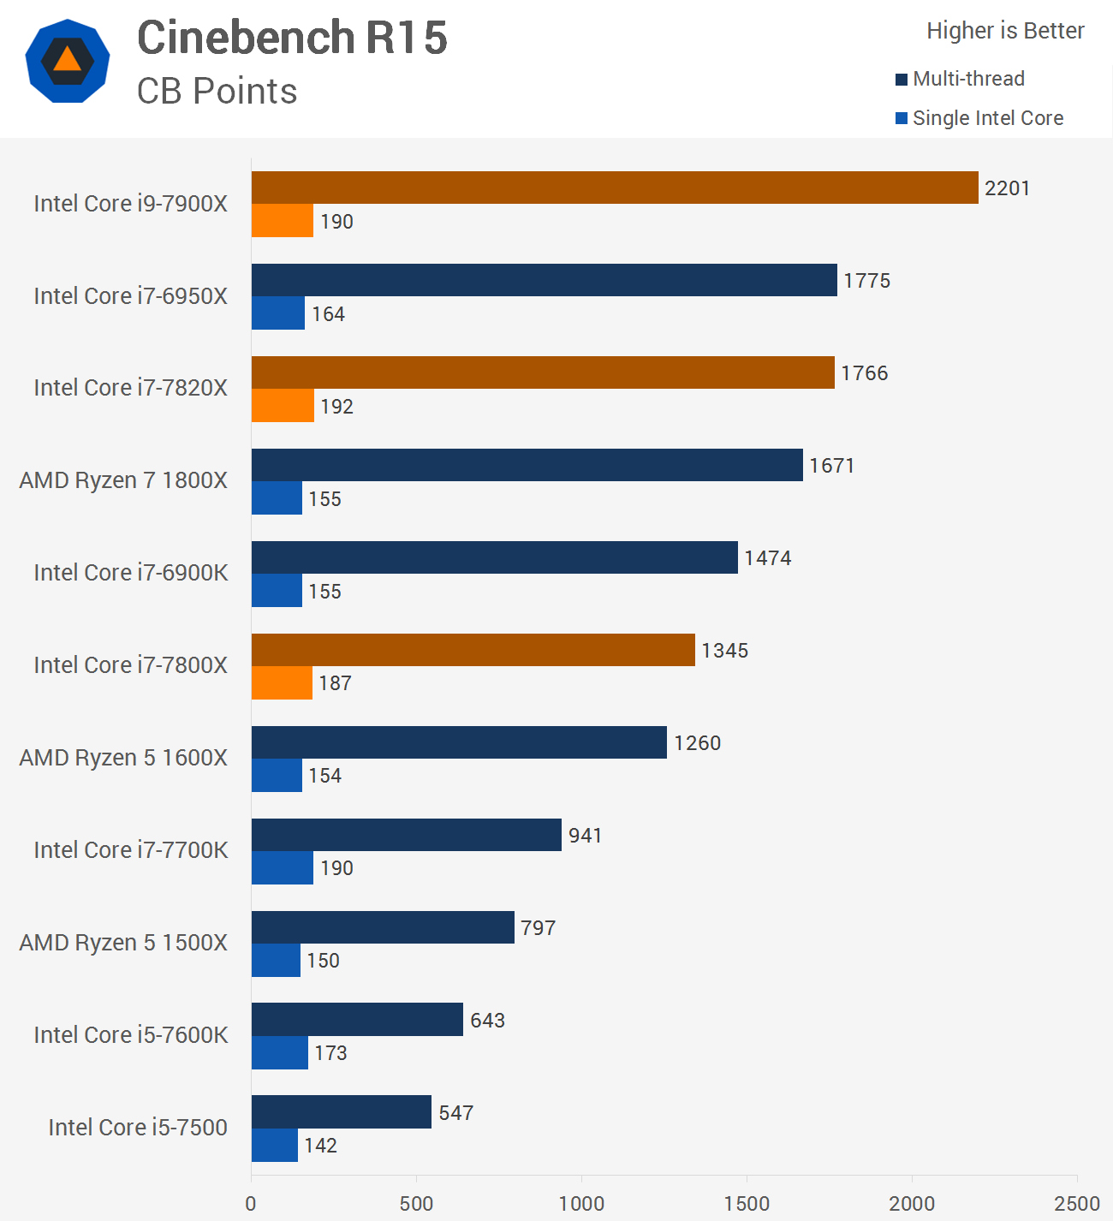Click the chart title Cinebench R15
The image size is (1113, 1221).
[292, 37]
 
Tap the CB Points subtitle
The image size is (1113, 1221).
[217, 92]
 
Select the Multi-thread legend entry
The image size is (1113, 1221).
[960, 79]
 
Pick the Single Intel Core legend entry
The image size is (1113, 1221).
[979, 117]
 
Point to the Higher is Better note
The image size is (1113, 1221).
[1005, 31]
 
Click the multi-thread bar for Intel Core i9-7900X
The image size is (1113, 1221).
[615, 188]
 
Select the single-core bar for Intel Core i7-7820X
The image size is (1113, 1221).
[283, 405]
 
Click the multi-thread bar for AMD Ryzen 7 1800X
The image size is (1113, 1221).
[527, 465]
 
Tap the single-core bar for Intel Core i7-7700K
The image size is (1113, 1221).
[283, 867]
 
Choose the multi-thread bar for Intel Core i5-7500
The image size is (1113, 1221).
[342, 1112]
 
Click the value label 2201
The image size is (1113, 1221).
[1007, 188]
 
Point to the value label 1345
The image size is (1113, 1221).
[724, 650]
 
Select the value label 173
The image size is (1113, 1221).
[330, 1053]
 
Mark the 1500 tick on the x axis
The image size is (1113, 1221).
[747, 1203]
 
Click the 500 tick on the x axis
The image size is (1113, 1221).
[416, 1203]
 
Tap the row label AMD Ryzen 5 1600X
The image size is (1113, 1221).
[123, 758]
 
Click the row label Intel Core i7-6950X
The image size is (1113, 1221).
[130, 295]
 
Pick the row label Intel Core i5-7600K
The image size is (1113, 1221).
[131, 1034]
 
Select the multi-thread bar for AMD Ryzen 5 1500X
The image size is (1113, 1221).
[383, 927]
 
